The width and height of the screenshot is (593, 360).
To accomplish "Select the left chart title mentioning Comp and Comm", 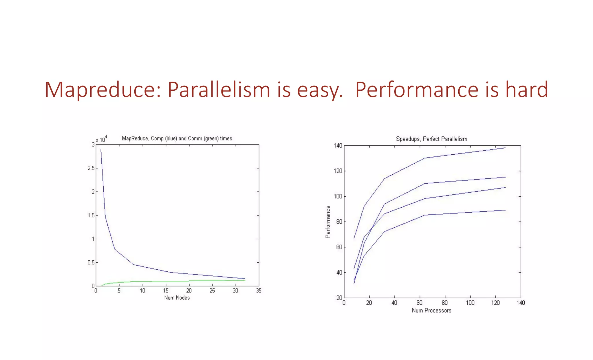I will (x=177, y=138).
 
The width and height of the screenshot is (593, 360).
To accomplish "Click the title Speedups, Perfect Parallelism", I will (x=431, y=139).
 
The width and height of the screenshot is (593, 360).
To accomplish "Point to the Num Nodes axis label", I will (x=177, y=298).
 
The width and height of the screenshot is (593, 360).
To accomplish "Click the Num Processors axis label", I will (x=431, y=310).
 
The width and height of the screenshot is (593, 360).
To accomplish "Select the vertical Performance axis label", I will (x=328, y=222).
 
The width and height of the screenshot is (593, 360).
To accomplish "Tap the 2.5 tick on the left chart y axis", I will (x=91, y=168).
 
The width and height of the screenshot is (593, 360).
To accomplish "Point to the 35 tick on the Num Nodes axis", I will (x=259, y=290).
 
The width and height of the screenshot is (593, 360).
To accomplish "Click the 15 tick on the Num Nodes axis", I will (x=166, y=290).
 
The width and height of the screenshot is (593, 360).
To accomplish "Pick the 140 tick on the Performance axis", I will (x=338, y=146).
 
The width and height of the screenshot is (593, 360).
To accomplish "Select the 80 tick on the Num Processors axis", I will (x=444, y=303).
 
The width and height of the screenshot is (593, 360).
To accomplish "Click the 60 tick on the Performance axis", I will (x=339, y=247).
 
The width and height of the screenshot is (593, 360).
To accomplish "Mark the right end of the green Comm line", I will (x=245, y=280).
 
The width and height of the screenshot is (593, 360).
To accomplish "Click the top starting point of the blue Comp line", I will (x=101, y=150).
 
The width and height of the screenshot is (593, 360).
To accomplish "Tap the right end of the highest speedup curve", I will (x=505, y=148).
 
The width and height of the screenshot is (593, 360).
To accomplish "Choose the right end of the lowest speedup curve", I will (x=505, y=210).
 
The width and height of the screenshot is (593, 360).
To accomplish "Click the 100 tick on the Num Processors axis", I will (x=470, y=303).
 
